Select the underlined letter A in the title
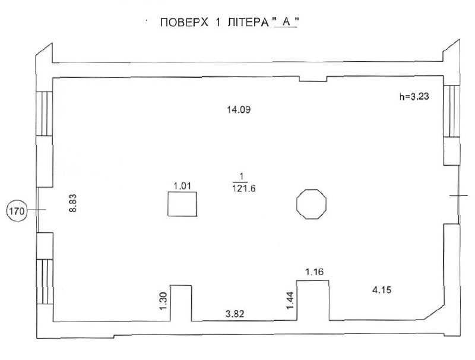tap(285, 25)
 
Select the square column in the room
tap(182, 206)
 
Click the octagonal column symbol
tap(311, 204)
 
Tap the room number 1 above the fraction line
tap(241, 176)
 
